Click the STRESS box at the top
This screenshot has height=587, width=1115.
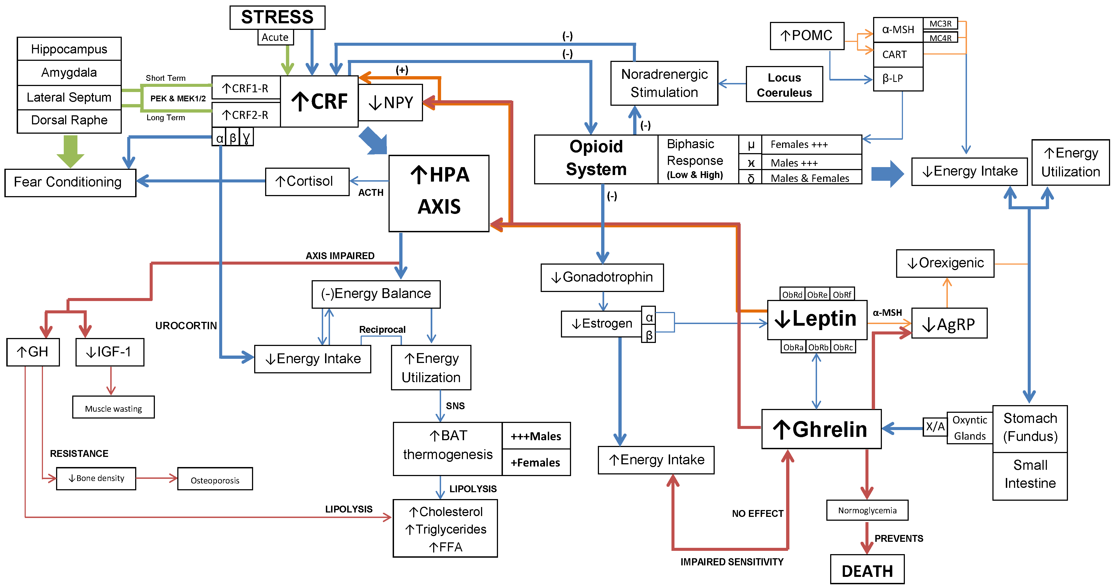[277, 17]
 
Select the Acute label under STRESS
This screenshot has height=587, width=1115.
[275, 37]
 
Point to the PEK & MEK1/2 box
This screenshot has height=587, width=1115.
[178, 98]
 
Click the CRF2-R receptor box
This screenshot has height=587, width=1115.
[245, 115]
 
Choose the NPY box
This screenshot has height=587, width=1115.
[390, 103]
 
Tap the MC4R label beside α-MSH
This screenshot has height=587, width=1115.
[940, 38]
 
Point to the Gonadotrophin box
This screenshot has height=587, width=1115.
[602, 277]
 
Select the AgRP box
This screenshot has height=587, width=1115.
[949, 323]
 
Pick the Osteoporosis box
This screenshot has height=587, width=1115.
[215, 479]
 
